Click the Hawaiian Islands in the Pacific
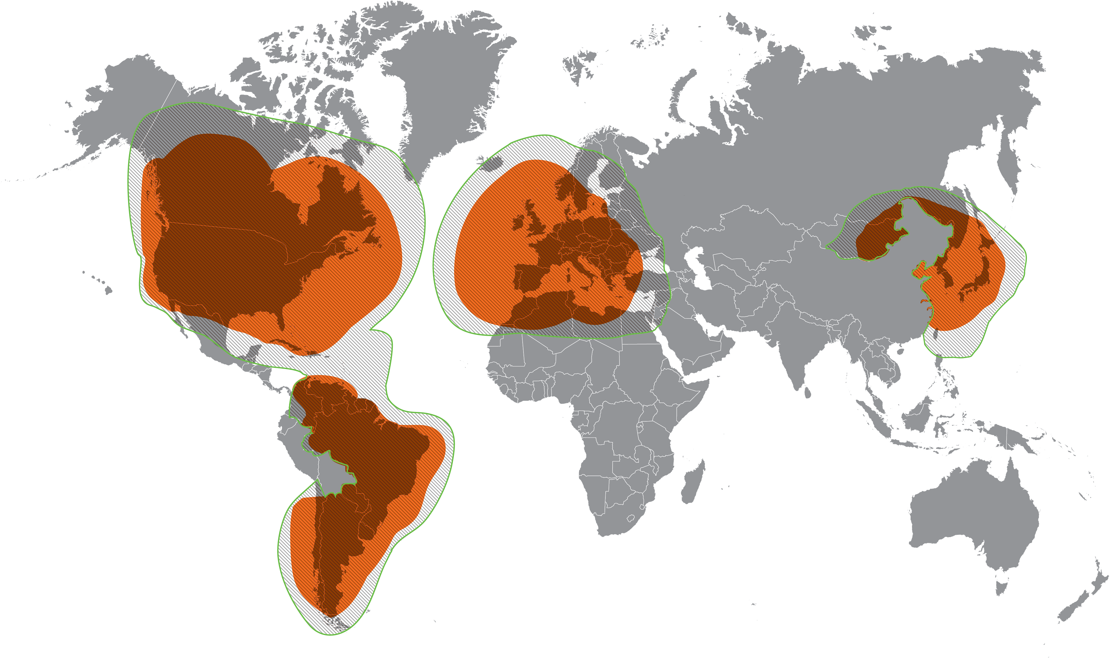pyautogui.click(x=108, y=291)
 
